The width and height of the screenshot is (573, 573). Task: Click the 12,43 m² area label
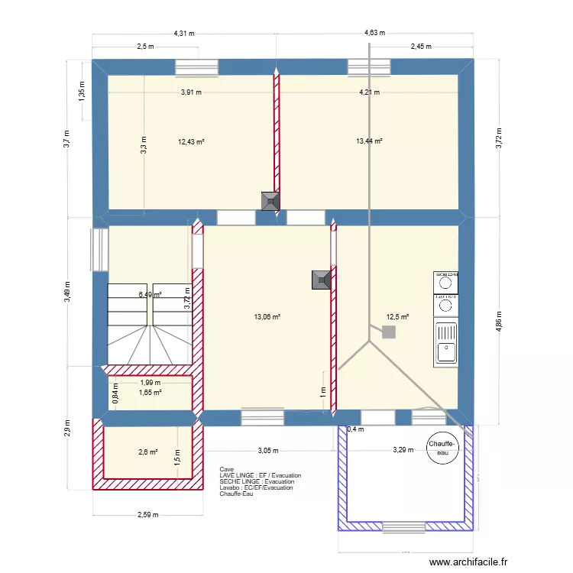[x=191, y=141]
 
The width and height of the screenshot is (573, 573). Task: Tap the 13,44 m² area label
[x=369, y=141]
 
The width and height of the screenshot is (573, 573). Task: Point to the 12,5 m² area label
[x=397, y=317]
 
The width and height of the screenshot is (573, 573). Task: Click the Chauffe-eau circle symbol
[x=442, y=448]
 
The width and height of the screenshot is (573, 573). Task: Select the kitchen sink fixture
[x=445, y=342]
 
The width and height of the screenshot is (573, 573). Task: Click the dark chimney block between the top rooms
[x=270, y=201]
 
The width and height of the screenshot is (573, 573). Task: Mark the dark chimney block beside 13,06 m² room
[x=321, y=280]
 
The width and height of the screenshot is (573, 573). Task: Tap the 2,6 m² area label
[x=148, y=452]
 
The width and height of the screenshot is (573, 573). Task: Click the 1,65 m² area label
[x=150, y=393]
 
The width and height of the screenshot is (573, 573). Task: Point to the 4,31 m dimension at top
[x=183, y=34]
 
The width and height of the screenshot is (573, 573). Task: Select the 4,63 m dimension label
[x=374, y=34]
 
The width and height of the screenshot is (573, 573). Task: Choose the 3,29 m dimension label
[x=403, y=450]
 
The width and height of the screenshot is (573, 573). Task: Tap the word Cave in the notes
[x=226, y=469]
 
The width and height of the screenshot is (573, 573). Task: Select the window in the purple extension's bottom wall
[x=403, y=526]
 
